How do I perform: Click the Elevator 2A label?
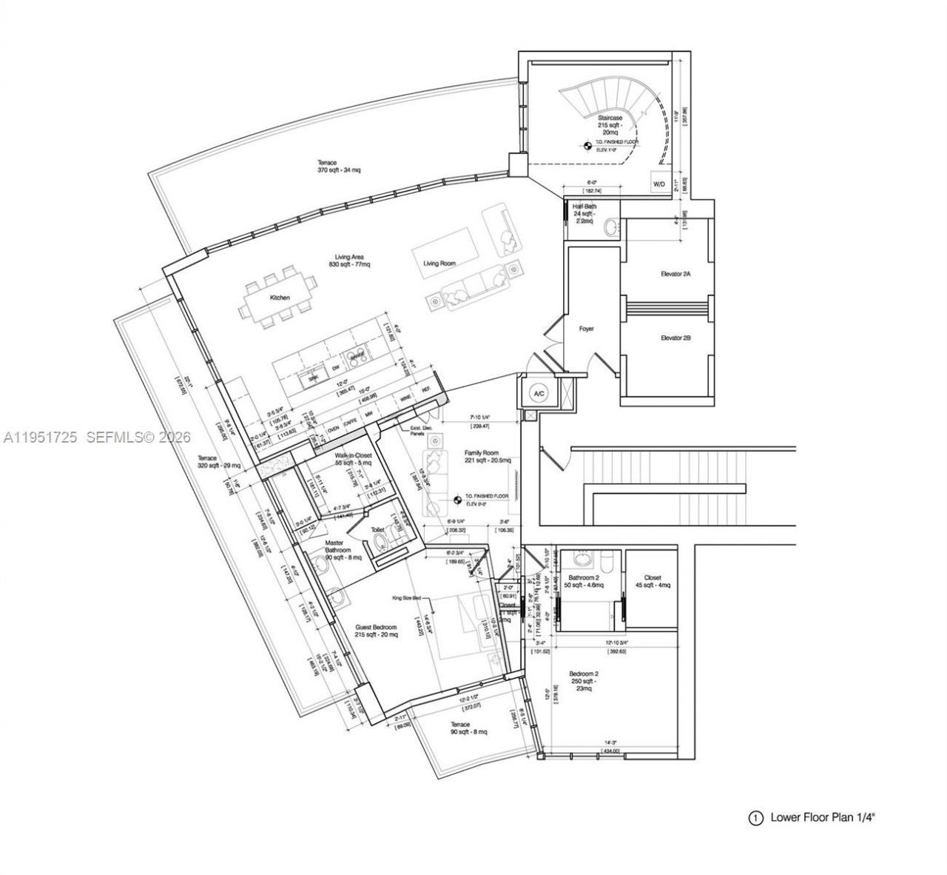coord(675,274)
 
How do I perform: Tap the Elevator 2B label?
coord(675,338)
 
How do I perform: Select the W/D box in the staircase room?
coord(658,183)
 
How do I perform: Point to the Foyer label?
coord(586,329)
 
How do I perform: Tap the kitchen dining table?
coord(279,298)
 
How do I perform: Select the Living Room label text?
coord(439,263)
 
